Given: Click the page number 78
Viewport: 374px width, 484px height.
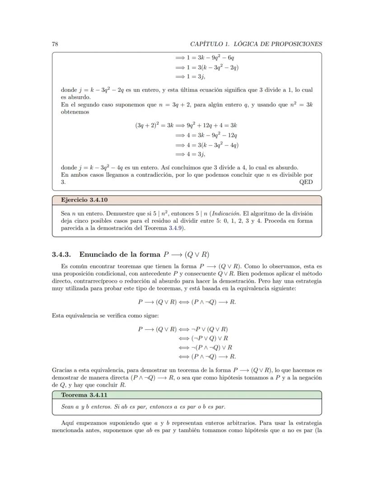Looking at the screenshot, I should click(x=55, y=44).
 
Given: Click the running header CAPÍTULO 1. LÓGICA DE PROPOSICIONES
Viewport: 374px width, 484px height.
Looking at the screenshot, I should click(x=256, y=44).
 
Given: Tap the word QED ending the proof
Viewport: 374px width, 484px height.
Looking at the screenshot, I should click(x=306, y=182).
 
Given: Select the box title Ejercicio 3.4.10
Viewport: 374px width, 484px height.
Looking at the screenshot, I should click(x=84, y=200).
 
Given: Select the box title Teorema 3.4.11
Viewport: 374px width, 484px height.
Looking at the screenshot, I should click(x=84, y=395).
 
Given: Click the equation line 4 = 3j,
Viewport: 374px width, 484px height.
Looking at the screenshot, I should click(x=192, y=154).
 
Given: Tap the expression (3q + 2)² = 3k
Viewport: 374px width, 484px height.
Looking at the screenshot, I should click(x=154, y=125).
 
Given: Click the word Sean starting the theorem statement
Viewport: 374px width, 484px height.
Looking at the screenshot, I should click(x=68, y=407).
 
